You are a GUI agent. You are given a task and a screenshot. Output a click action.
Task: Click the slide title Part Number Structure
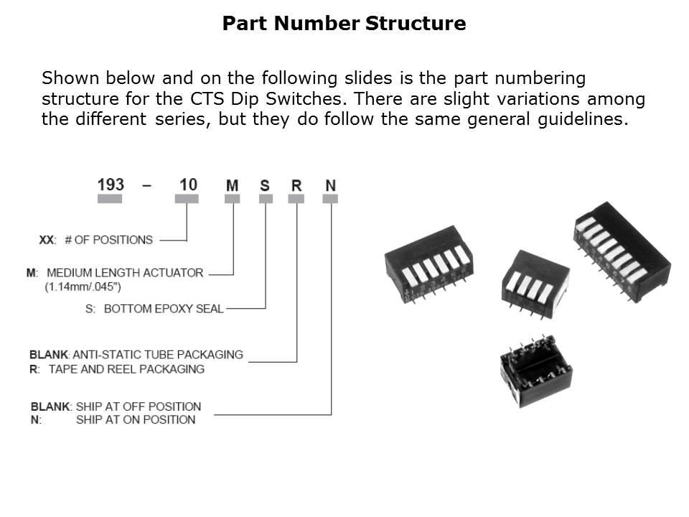coord(344,24)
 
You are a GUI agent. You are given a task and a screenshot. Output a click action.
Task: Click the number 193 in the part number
coord(111,185)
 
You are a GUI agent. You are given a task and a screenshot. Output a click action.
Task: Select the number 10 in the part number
coord(188,185)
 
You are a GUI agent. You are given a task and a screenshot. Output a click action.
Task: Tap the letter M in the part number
coord(232,186)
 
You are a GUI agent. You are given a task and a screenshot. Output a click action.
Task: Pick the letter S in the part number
coord(265,186)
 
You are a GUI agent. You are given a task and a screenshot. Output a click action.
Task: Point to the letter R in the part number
coord(296,186)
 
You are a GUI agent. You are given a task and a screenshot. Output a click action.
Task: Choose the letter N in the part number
coord(330,186)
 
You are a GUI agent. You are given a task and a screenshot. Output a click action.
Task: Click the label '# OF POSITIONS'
coord(108,240)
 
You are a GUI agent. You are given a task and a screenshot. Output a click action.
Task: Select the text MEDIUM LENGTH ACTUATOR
coord(124,273)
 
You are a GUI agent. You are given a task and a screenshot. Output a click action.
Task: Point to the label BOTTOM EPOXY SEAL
coord(164,309)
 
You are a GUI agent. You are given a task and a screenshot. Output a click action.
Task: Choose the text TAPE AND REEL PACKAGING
coord(126,369)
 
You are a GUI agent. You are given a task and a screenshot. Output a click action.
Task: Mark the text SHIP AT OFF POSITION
coord(139,406)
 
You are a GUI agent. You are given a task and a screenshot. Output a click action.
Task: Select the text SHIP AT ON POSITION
coord(136,419)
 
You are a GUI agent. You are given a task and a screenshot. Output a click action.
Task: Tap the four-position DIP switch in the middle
coord(534,284)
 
